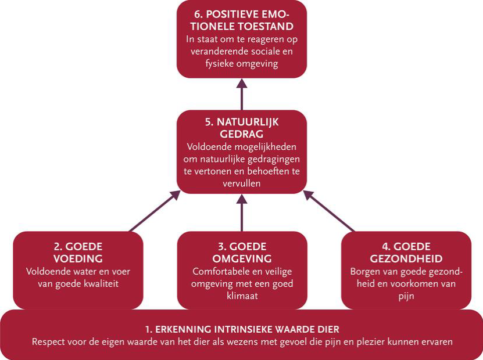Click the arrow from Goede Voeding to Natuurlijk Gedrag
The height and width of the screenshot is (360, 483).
pyautogui.click(x=155, y=211)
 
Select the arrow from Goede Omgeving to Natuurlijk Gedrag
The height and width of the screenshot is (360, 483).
pyautogui.click(x=242, y=213)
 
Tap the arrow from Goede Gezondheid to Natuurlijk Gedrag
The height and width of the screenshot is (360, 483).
pyautogui.click(x=330, y=211)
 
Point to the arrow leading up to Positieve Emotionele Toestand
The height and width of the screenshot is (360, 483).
pyautogui.click(x=242, y=95)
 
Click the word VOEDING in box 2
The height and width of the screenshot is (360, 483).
pyautogui.click(x=78, y=259)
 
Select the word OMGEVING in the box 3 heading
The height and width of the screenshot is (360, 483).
pyautogui.click(x=242, y=259)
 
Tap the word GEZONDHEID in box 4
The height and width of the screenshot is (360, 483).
pyautogui.click(x=406, y=259)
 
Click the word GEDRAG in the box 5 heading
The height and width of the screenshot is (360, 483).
pyautogui.click(x=242, y=134)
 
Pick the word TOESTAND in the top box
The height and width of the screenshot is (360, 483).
pyautogui.click(x=266, y=27)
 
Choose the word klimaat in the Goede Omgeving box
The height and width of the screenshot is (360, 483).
pyautogui.click(x=242, y=296)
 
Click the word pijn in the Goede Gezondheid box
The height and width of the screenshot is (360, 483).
pyautogui.click(x=406, y=297)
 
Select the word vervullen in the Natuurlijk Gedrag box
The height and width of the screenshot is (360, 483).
pyautogui.click(x=242, y=183)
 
